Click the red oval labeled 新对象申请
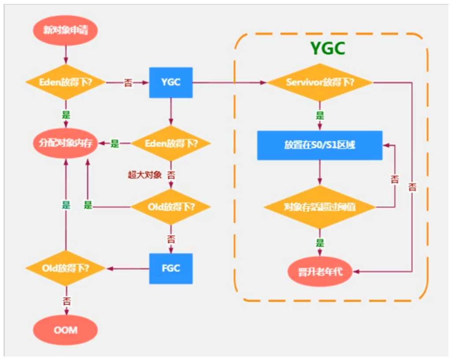point(65,30)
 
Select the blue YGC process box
point(171,82)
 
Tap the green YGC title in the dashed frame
point(327,48)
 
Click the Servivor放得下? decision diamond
point(320,82)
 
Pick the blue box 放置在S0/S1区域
point(320,145)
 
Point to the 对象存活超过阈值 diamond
point(320,207)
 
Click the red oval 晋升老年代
point(320,271)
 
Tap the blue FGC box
point(171,268)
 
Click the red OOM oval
point(65,330)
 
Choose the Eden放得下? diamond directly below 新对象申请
point(65,82)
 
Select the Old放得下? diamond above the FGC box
point(171,206)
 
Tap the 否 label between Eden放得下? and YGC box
point(128,82)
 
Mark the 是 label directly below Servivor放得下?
point(320,115)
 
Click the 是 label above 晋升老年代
point(320,242)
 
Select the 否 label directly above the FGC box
point(171,239)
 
